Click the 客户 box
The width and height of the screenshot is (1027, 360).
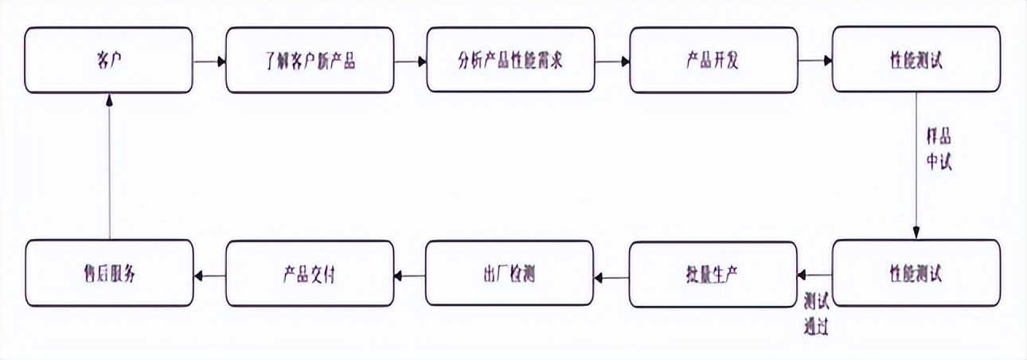click(x=108, y=60)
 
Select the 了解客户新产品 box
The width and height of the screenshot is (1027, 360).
click(x=310, y=60)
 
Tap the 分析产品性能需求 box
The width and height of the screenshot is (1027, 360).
click(x=510, y=60)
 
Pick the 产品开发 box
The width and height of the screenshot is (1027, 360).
click(x=713, y=60)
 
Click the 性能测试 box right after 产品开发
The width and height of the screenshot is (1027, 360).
click(x=916, y=60)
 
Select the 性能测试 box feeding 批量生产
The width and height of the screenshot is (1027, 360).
click(x=916, y=274)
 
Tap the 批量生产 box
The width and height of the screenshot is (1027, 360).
click(x=713, y=274)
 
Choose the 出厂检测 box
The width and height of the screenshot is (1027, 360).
click(x=510, y=274)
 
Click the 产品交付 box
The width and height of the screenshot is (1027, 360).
click(x=310, y=274)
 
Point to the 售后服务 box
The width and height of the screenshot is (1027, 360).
click(x=108, y=274)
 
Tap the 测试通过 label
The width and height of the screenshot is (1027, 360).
click(x=816, y=314)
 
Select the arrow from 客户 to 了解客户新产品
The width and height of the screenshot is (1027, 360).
click(x=209, y=61)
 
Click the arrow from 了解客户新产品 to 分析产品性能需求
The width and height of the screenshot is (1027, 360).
click(x=410, y=61)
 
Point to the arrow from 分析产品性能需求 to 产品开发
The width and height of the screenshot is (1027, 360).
click(x=611, y=61)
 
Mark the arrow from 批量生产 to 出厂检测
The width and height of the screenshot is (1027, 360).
click(x=611, y=277)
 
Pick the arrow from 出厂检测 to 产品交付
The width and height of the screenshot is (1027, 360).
click(x=410, y=277)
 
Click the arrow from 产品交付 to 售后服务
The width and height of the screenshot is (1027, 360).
click(x=209, y=277)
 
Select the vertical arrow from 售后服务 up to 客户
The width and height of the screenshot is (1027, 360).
click(x=109, y=166)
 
